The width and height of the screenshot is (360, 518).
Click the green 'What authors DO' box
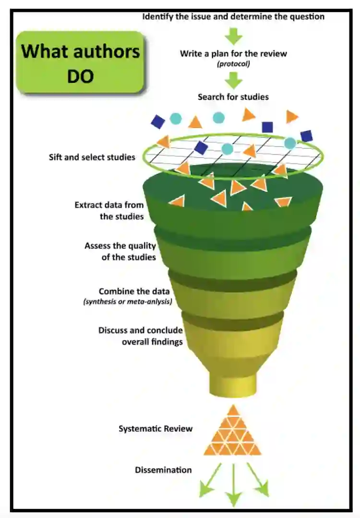(x=80, y=62)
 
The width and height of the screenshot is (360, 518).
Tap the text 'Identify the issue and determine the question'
(x=233, y=17)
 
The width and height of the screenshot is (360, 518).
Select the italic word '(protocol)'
(x=233, y=64)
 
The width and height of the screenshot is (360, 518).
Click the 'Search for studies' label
(x=233, y=97)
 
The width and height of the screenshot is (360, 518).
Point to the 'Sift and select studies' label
(x=92, y=157)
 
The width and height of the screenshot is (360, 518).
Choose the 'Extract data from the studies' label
(x=109, y=211)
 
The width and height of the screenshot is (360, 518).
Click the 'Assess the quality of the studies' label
(x=120, y=251)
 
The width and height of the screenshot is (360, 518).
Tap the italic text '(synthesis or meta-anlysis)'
(x=128, y=302)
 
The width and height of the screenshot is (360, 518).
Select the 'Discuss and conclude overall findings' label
(x=141, y=336)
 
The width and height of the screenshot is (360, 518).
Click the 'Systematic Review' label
(x=156, y=428)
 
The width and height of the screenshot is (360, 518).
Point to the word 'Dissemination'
(x=163, y=470)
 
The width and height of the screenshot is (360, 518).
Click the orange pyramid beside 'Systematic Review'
(x=233, y=432)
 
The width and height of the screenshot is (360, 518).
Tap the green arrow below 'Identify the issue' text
(x=234, y=35)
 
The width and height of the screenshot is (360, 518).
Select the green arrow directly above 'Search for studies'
(x=234, y=80)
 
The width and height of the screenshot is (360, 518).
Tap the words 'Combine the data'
(x=128, y=292)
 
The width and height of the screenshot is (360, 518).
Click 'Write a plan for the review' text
(x=233, y=54)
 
